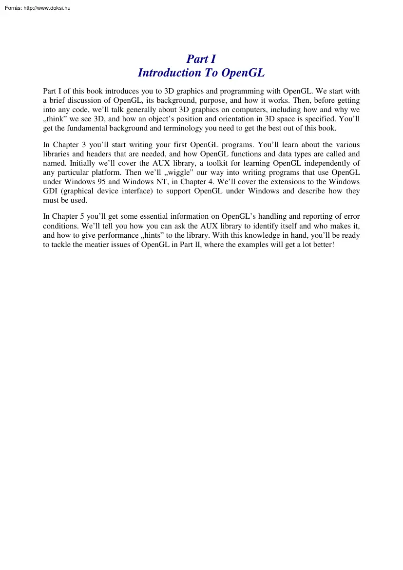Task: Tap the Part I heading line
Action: [201, 59]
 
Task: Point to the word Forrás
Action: [11, 8]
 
